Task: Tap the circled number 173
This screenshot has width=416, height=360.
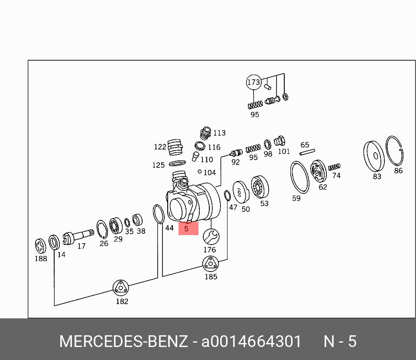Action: tap(253, 82)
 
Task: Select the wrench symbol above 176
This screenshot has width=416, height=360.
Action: tap(211, 237)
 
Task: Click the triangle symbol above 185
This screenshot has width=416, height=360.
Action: tap(211, 264)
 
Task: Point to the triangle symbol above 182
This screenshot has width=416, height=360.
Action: tap(121, 288)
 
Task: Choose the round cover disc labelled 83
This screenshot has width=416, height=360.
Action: tap(374, 156)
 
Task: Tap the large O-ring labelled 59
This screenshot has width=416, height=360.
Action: tap(299, 177)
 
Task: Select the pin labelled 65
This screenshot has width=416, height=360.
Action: tap(307, 152)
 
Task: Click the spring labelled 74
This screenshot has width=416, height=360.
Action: tap(334, 167)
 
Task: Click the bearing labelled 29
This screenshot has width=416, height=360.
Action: tap(116, 226)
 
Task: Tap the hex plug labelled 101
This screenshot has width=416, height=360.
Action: tap(280, 141)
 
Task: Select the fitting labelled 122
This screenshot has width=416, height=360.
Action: tap(174, 147)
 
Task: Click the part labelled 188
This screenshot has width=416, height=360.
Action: tap(40, 246)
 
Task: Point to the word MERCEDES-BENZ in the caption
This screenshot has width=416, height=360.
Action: tap(123, 341)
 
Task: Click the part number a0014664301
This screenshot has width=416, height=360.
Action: tap(251, 341)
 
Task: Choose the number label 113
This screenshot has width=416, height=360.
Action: tap(219, 133)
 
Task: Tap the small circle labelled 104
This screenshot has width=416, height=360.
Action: tap(199, 172)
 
